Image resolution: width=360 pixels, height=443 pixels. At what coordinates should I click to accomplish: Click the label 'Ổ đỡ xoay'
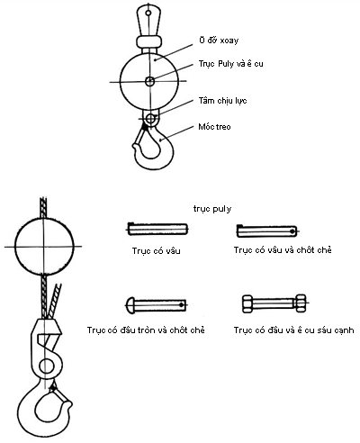[x=219, y=41]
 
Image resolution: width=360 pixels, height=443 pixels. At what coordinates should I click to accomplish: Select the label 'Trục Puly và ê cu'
[x=230, y=64]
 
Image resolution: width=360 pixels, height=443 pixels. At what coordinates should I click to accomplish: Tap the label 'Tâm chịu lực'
[x=222, y=101]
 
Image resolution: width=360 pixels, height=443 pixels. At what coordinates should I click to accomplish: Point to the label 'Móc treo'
[x=214, y=127]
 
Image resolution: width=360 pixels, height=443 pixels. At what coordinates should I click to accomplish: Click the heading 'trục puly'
[x=212, y=209]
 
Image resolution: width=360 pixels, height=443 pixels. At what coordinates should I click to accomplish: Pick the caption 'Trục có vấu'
[x=157, y=250]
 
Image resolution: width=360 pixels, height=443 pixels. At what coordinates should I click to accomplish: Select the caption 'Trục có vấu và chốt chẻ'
[x=283, y=250]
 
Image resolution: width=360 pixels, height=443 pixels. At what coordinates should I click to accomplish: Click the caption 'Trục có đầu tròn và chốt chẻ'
[x=146, y=330]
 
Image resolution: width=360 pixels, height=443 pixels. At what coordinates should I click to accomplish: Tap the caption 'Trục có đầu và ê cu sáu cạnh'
[x=293, y=330]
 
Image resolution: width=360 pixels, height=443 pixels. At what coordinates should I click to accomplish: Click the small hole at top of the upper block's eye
[x=148, y=13]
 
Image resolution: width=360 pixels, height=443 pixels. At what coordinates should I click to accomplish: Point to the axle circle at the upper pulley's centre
[x=150, y=81]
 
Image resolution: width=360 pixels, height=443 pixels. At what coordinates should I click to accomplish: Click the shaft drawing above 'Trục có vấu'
[x=157, y=230]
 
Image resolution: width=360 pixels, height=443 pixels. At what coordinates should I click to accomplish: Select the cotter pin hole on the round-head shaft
[x=181, y=305]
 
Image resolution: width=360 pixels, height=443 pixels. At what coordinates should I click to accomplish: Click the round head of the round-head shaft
[x=130, y=305]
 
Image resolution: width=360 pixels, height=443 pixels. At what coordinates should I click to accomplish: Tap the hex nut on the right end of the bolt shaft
[x=301, y=303]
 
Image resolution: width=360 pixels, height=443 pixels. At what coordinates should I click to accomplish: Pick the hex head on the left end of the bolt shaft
[x=247, y=303]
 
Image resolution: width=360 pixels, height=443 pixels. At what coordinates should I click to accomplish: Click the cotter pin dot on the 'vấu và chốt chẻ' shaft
[x=292, y=231]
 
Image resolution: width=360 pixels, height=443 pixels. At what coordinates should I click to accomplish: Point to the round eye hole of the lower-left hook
[x=46, y=366]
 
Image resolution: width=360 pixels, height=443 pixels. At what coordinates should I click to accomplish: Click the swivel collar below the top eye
[x=149, y=41]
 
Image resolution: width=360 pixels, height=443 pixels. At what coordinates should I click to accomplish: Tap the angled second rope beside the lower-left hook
[x=55, y=301]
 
